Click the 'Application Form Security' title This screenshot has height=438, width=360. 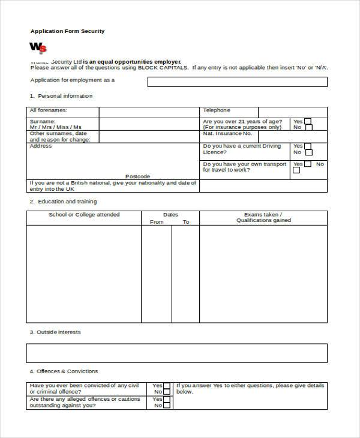tap(67, 31)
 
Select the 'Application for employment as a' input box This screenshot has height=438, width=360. tap(238, 82)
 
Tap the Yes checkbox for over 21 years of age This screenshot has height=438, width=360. tap(308, 121)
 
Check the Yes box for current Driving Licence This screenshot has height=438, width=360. tap(308, 146)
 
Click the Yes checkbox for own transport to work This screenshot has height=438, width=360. tap(308, 164)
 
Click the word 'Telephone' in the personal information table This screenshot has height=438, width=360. tap(216, 110)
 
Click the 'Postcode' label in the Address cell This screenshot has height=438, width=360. tap(139, 176)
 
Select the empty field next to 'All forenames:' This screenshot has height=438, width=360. tap(149, 112)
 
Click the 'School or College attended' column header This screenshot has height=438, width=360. tap(84, 215)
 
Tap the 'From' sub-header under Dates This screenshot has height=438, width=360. tap(157, 222)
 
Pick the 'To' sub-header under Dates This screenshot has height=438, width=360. tap(186, 222)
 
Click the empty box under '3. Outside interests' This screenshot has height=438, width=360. tap(177, 353)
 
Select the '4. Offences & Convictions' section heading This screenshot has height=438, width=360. tap(64, 371)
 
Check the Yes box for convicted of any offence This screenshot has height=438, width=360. tap(167, 386)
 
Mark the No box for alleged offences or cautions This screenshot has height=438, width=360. tap(167, 406)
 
